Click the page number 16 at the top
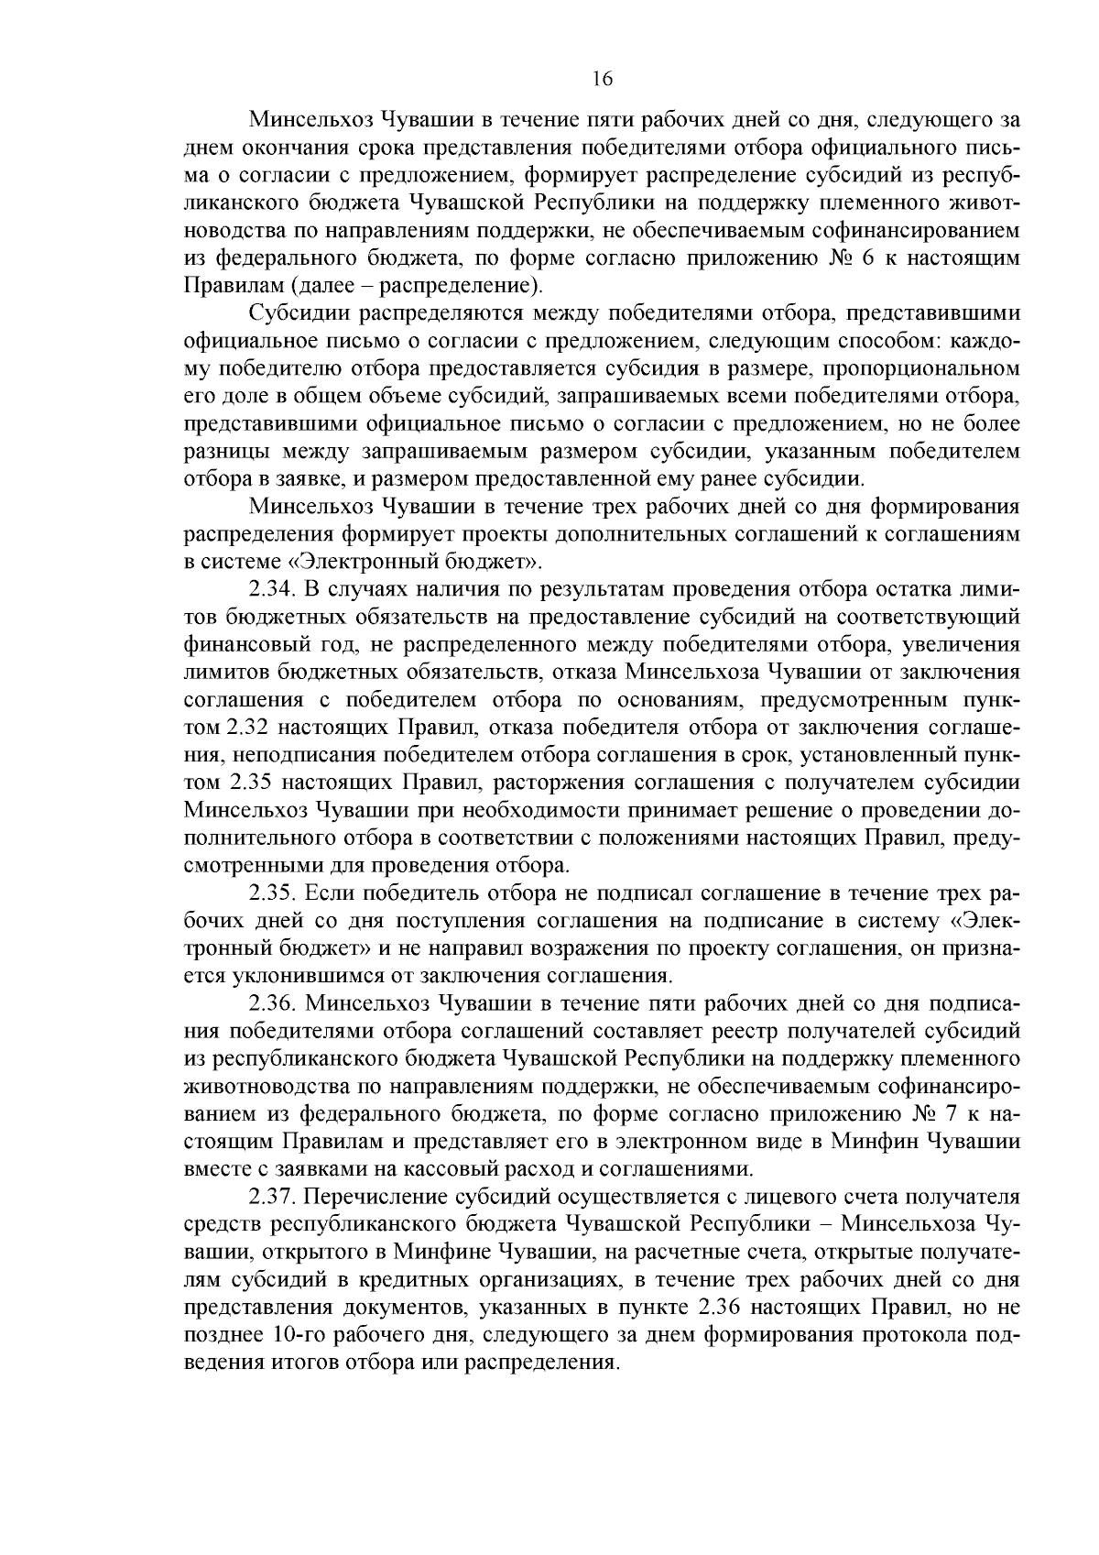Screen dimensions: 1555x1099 coord(602,79)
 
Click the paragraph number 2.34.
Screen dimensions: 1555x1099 coord(273,587)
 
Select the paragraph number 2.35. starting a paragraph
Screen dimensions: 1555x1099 coord(273,892)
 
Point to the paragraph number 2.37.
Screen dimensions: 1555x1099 coord(273,1197)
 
